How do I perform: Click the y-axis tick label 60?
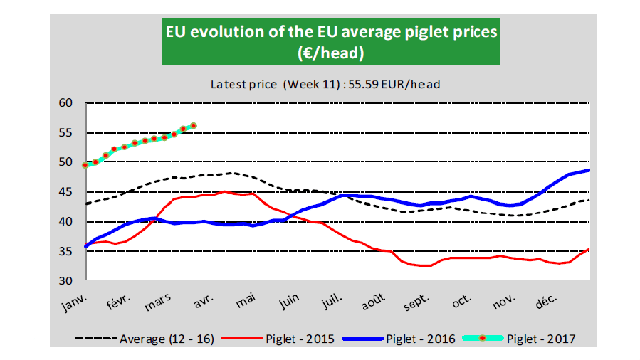click(65, 102)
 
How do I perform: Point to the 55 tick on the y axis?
click(65, 132)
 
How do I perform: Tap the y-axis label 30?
click(65, 280)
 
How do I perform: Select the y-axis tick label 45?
click(65, 191)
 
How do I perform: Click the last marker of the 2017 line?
click(194, 125)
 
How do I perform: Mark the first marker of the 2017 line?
click(86, 164)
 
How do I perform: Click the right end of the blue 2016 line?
click(589, 170)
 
